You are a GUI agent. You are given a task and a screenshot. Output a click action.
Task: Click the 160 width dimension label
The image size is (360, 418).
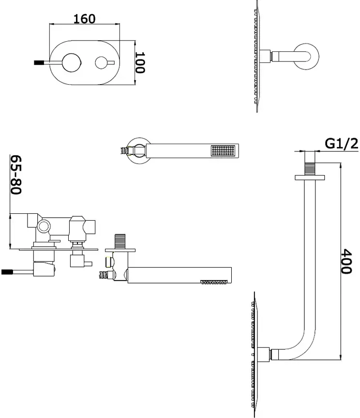pos(84,18)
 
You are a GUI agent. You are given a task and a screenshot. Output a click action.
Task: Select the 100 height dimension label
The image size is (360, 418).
pos(140,62)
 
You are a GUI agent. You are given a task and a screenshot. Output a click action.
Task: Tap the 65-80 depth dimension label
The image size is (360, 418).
pos(16,175)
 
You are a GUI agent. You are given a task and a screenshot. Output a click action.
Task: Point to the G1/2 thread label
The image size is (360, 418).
pos(341,144)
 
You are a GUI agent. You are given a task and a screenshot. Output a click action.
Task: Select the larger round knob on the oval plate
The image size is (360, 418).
pos(72,63)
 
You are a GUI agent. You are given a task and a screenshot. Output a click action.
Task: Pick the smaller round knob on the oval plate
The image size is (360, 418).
pos(102,62)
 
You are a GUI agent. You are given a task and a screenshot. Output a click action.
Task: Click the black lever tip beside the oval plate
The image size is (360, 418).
pos(38,63)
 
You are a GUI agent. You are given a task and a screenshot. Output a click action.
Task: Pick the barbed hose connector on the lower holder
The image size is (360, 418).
pos(104,275)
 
